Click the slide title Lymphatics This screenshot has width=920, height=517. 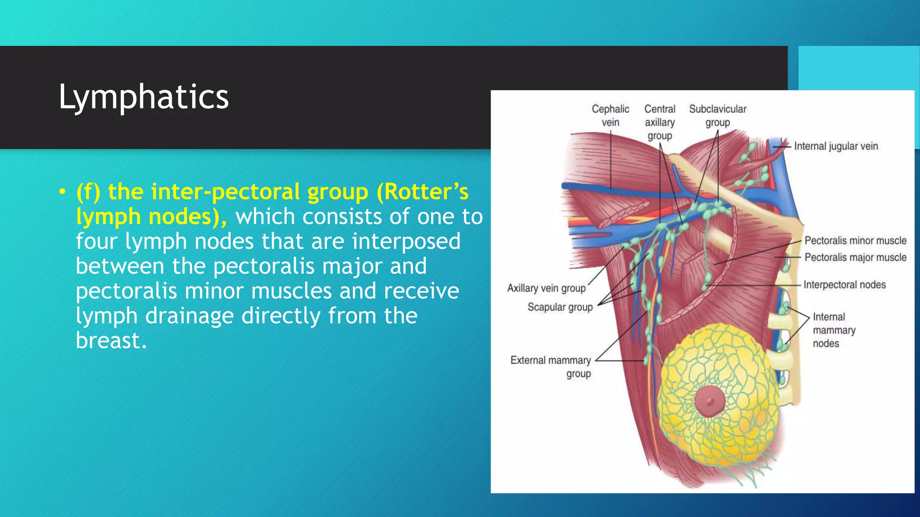(144, 97)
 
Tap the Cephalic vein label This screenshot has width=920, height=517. (610, 116)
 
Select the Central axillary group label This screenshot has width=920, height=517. (659, 122)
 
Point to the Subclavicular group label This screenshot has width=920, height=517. (717, 116)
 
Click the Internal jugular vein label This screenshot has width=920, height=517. (836, 146)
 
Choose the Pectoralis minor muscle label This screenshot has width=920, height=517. (855, 241)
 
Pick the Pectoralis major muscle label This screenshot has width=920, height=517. (855, 258)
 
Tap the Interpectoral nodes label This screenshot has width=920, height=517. (845, 285)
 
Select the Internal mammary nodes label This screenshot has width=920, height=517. (834, 330)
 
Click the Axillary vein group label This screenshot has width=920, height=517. (546, 288)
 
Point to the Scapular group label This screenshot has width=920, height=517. (560, 307)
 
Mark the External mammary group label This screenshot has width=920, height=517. (551, 367)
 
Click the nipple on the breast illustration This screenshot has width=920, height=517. (709, 401)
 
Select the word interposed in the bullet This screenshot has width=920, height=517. (406, 241)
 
